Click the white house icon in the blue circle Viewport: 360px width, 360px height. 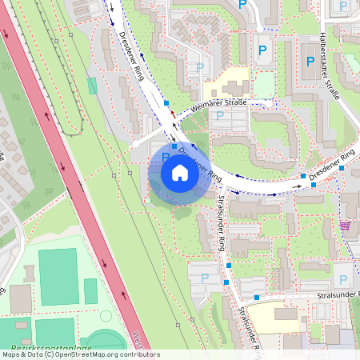coord(179,172)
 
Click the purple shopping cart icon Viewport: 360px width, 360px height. coord(346,226)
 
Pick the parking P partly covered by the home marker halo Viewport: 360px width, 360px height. coord(166,158)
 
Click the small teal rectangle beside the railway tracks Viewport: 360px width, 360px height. coord(92,85)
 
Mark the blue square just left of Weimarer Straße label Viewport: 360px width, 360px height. coord(166,103)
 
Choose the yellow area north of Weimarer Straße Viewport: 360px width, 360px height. coord(226,83)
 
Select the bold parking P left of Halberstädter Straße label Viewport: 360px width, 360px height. coord(309,61)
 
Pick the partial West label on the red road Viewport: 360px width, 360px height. coord(137,339)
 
